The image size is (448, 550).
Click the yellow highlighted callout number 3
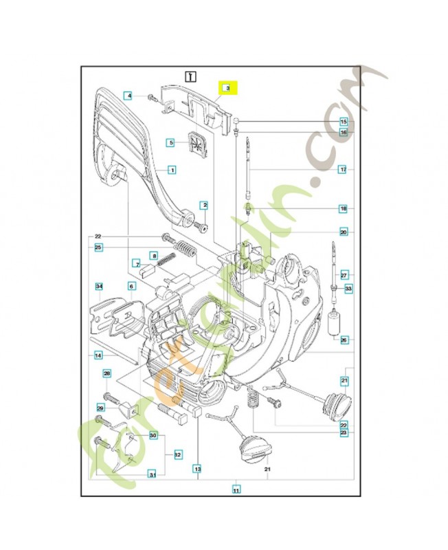(x=227, y=88)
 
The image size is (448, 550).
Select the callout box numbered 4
(x=128, y=96)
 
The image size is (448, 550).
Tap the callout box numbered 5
(x=171, y=142)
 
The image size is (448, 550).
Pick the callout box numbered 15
(x=343, y=122)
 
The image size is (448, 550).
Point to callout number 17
(x=343, y=168)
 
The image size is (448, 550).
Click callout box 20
(x=343, y=232)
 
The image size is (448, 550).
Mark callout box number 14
(x=99, y=355)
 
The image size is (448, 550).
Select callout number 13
(x=197, y=469)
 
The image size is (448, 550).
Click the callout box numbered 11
(x=236, y=490)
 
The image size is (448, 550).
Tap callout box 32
(x=177, y=454)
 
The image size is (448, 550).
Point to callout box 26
(x=344, y=339)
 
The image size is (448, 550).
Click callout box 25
(x=98, y=247)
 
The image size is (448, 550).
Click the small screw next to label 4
(x=149, y=96)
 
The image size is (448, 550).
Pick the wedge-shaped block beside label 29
(x=125, y=410)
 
